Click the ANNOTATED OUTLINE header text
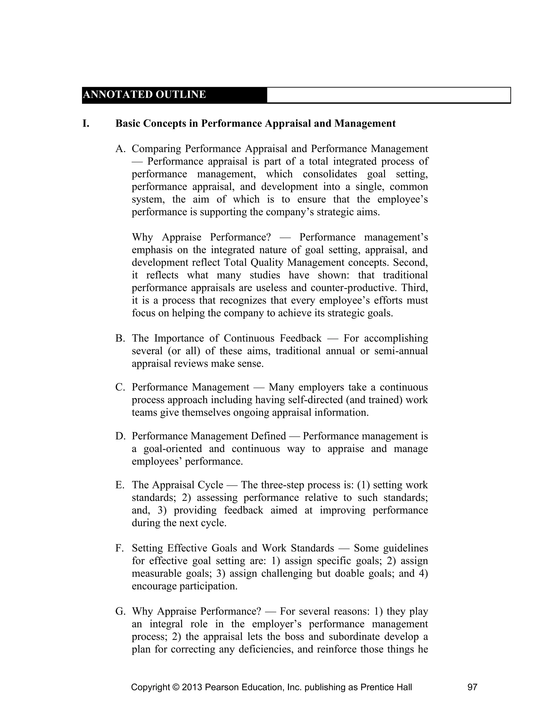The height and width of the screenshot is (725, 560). (x=144, y=95)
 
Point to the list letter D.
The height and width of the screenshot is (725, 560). (x=120, y=436)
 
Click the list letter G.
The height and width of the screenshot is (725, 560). (x=120, y=611)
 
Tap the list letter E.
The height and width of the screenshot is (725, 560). (x=120, y=485)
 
